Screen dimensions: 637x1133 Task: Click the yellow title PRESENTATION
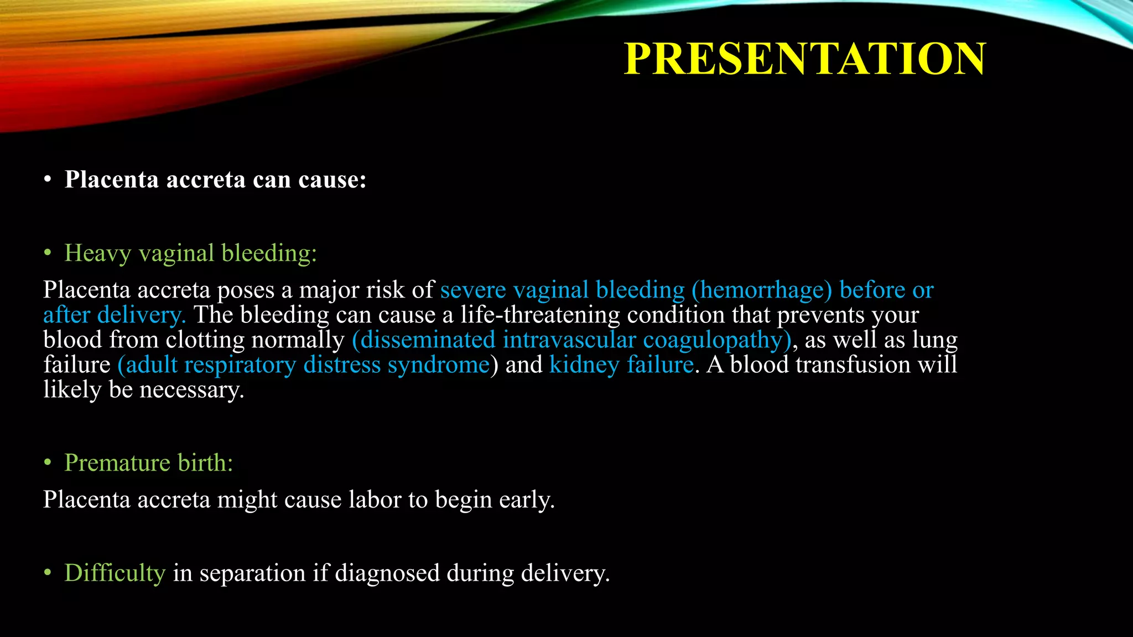[x=804, y=59]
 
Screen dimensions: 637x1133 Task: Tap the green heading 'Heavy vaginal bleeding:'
[x=190, y=253]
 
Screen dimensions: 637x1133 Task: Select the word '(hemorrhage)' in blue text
[x=762, y=290]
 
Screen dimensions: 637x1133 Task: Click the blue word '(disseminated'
[x=423, y=340]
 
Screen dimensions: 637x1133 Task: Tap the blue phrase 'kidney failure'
[x=621, y=365]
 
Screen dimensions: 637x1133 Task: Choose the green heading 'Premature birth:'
[x=148, y=463]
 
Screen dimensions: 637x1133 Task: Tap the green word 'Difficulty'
[x=115, y=573]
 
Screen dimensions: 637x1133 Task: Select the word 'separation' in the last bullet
[x=252, y=573]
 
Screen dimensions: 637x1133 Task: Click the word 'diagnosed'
[x=387, y=573]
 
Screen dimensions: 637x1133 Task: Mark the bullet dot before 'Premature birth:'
[x=48, y=462]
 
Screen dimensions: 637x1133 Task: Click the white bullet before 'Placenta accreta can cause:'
[x=48, y=180]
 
